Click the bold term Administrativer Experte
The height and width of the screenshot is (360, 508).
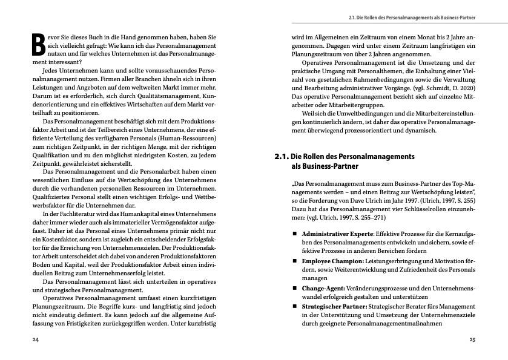pyautogui.click(x=337, y=233)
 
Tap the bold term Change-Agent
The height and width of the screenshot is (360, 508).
pyautogui.click(x=323, y=288)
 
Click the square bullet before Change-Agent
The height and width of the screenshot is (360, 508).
pyautogui.click(x=295, y=288)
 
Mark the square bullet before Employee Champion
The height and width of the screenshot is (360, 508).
pyautogui.click(x=295, y=261)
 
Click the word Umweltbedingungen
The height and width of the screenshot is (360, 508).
pyautogui.click(x=351, y=113)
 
